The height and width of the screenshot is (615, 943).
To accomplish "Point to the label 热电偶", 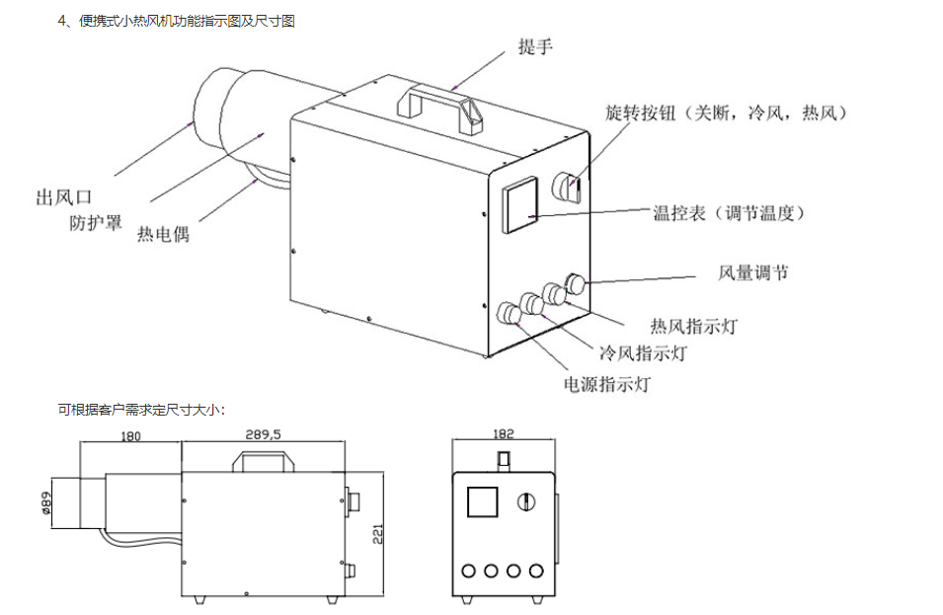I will coord(163,234).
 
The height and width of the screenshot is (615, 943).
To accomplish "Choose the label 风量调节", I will coord(753,273).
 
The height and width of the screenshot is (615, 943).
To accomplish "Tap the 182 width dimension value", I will coord(502,434).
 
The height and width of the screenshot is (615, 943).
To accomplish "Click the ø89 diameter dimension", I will coord(45,503).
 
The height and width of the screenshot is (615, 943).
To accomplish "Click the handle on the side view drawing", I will coord(256,462).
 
